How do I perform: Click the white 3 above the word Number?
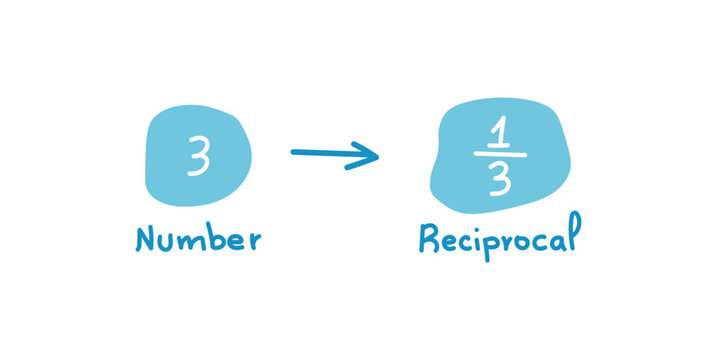[198, 158]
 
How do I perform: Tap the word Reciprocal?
[497, 240]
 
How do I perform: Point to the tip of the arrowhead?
[379, 155]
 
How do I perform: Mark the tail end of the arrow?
[293, 153]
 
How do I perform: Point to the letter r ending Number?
[252, 241]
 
